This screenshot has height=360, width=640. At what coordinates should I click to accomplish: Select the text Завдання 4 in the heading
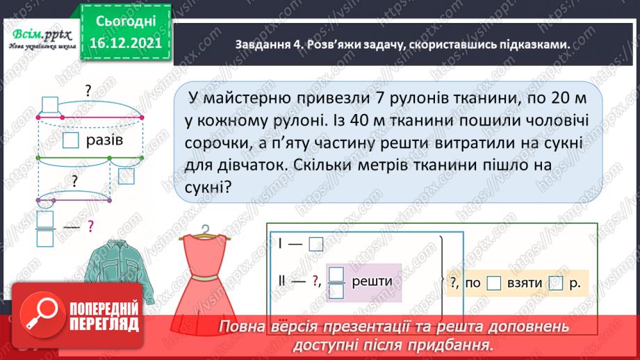tap(261, 44)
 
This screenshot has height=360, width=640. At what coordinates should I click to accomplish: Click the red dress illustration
tap(206, 278)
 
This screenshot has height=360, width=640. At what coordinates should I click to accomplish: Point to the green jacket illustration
tap(114, 271)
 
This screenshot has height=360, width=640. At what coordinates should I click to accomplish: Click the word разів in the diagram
tap(106, 141)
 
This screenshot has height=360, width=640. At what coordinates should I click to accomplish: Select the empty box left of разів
tap(71, 141)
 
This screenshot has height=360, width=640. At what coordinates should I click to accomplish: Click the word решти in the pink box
tap(372, 280)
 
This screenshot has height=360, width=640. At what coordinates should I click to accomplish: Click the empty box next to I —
tap(316, 244)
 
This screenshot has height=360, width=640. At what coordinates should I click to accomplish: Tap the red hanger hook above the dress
tap(204, 230)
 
